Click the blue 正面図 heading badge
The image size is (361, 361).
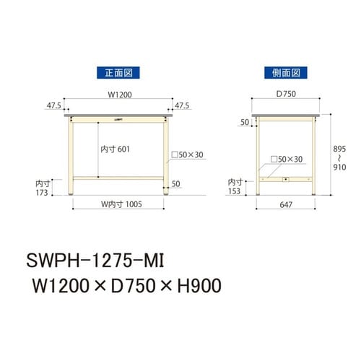(x=117, y=72)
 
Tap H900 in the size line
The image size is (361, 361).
(x=195, y=287)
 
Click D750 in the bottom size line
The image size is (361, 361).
(x=134, y=287)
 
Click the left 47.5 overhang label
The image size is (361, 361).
(x=53, y=105)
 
